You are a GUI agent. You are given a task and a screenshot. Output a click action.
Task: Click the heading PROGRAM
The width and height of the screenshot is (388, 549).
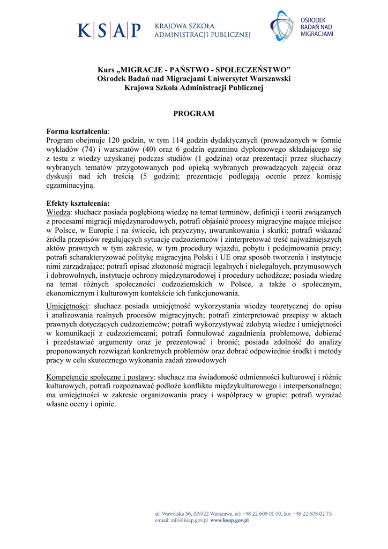point(193,114)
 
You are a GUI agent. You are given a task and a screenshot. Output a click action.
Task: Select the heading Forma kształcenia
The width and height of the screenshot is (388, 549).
point(77,131)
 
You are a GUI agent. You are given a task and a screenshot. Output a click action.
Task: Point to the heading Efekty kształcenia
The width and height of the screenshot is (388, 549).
point(78,203)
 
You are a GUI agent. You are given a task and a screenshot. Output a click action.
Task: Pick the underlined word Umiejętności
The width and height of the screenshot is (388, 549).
point(68,306)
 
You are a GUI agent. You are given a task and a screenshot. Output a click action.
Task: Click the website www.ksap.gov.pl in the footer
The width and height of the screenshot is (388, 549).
point(230,520)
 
